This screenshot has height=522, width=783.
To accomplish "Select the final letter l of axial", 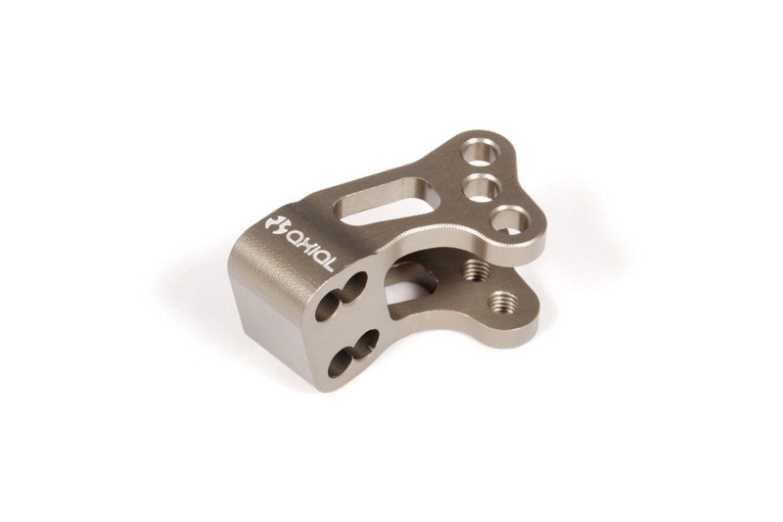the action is pos(325,263).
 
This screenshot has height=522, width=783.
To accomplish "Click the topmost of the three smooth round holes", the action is pos(481,152).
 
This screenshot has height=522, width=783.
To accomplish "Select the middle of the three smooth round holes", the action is pos(482,187).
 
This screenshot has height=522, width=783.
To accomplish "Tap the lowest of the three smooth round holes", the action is pos(510,220).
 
